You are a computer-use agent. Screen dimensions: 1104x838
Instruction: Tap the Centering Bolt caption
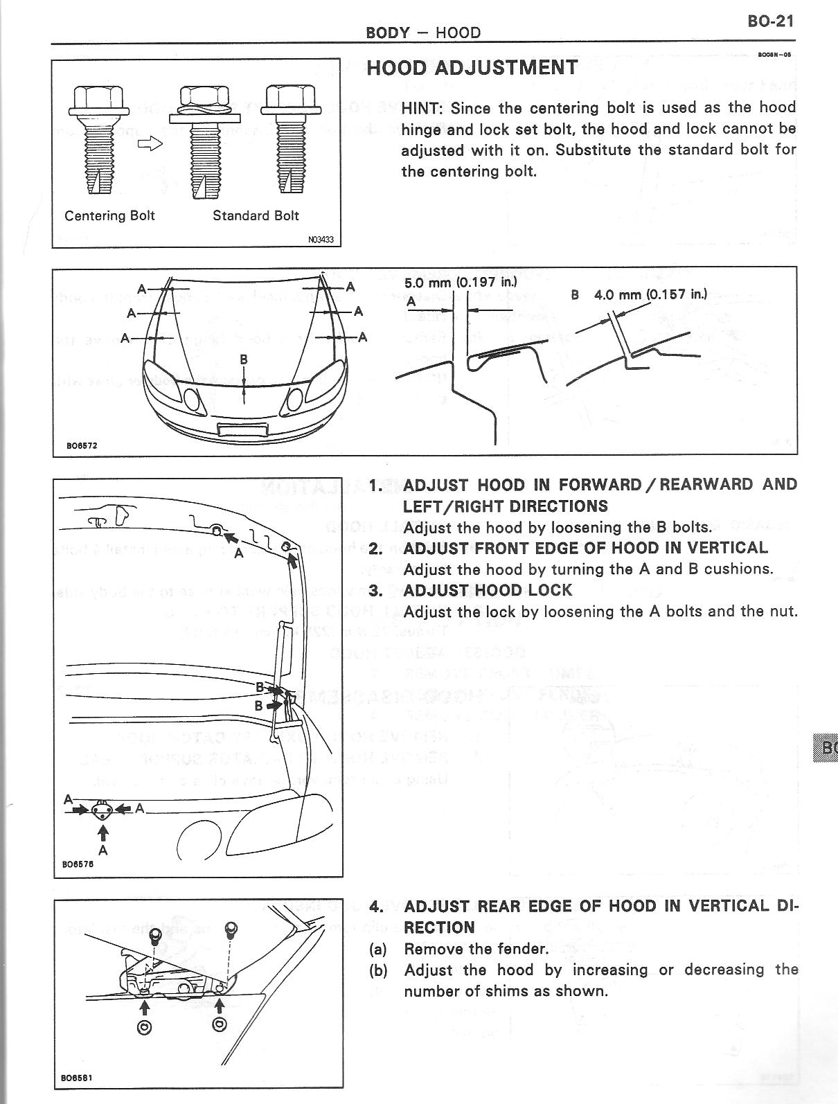tap(109, 215)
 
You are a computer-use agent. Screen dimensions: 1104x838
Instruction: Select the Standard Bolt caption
tap(256, 215)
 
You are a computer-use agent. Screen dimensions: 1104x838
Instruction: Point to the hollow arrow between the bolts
tap(150, 143)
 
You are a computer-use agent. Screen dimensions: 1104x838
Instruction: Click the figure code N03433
tap(321, 240)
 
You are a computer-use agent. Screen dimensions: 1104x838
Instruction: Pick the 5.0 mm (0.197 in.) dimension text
tap(461, 283)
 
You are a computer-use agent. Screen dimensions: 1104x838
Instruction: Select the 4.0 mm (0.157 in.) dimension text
tap(650, 294)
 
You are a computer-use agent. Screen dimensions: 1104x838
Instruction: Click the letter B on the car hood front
tap(244, 359)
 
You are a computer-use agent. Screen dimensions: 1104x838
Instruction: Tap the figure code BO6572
tap(82, 445)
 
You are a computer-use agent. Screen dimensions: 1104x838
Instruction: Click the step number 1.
tap(375, 485)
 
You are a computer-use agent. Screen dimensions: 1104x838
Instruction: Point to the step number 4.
tap(376, 907)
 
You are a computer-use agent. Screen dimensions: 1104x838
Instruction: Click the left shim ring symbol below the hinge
tap(145, 1027)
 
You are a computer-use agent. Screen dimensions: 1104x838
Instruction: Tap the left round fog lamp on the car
tap(190, 398)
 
